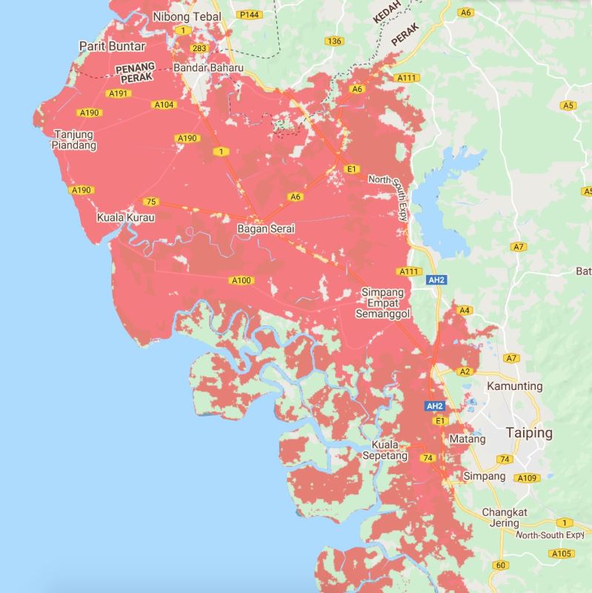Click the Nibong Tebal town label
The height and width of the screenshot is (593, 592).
coord(187,16)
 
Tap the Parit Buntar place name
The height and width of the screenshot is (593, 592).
coord(112,46)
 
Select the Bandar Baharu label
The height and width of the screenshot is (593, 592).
coord(208,68)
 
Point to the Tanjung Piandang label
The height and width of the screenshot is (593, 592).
coord(74,140)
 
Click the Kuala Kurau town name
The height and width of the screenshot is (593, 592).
coord(125,218)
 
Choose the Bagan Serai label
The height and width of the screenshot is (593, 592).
coord(266,229)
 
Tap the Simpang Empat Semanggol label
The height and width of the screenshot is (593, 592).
coord(386,302)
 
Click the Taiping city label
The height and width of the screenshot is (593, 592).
coord(529,432)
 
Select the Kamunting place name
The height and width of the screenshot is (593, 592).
coord(514,386)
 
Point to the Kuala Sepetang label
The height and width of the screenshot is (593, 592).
coord(390,451)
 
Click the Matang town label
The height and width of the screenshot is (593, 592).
coord(468,439)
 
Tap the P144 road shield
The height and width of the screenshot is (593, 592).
coord(248,14)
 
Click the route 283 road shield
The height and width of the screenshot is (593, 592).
coord(199,49)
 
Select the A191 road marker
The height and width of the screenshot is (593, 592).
coord(118,94)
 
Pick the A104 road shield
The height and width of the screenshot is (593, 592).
coord(164,105)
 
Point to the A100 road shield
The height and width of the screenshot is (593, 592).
coord(242,280)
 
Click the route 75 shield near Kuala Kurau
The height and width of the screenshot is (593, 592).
coord(151,202)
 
